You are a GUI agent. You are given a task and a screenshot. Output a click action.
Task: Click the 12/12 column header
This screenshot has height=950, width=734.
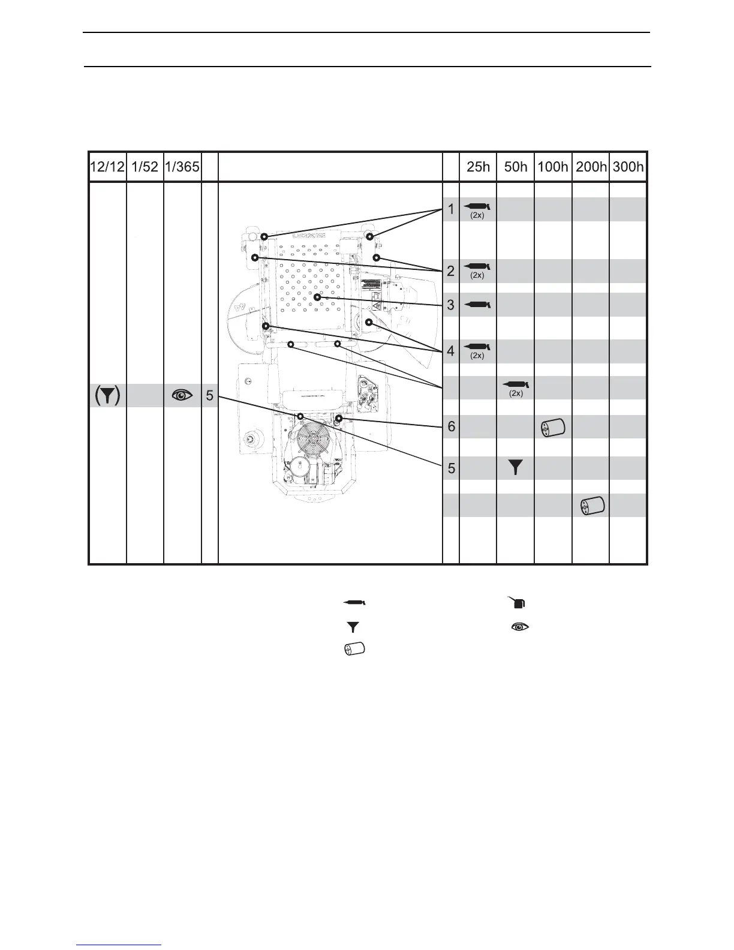[x=107, y=167]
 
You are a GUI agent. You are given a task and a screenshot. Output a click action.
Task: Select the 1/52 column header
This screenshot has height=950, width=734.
[x=145, y=167]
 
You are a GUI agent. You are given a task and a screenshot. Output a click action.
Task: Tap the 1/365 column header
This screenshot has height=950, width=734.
[x=182, y=167]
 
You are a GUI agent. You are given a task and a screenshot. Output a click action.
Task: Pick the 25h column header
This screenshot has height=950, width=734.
[x=478, y=167]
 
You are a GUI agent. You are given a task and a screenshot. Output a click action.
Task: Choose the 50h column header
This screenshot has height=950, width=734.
[x=516, y=167]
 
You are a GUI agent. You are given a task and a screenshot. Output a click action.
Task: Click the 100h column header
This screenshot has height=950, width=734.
[x=553, y=167]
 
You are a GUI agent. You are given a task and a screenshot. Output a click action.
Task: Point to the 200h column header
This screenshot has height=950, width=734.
[x=591, y=167]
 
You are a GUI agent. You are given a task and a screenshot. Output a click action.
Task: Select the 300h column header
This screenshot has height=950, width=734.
[x=628, y=167]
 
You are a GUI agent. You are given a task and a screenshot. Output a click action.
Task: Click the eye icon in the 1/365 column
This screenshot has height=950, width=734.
[x=182, y=395]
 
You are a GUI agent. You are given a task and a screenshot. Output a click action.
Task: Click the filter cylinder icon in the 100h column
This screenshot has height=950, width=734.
[x=552, y=428]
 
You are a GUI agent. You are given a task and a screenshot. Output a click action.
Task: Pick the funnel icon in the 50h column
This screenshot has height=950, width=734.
[x=515, y=468]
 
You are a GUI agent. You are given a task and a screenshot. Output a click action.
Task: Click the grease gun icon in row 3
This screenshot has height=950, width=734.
[x=477, y=305]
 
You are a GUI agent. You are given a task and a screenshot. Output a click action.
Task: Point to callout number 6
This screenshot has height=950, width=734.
[x=451, y=427]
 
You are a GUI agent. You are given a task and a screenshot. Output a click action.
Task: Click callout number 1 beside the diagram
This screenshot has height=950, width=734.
[x=451, y=209]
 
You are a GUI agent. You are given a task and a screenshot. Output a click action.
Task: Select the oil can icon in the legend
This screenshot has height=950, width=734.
[x=518, y=602]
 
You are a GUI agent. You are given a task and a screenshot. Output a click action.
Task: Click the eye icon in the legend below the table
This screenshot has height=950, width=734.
[x=520, y=627]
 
